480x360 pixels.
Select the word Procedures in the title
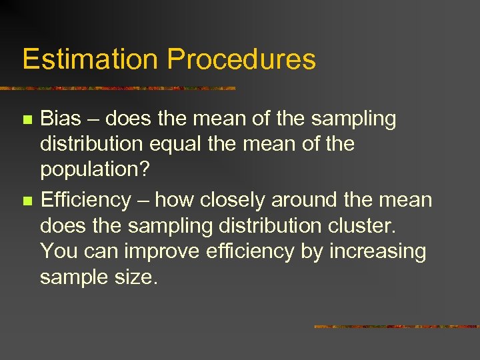coord(241,59)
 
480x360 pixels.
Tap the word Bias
coord(61,119)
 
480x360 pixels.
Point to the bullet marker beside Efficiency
coord(27,201)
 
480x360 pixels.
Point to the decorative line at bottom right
coord(396,327)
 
